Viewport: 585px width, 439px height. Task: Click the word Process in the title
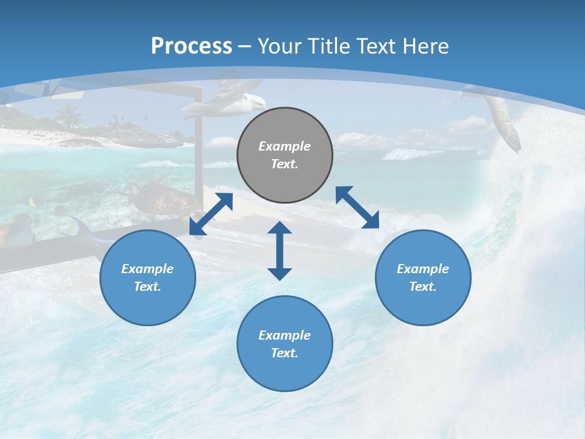click(x=191, y=46)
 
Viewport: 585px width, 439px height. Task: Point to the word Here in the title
click(x=425, y=46)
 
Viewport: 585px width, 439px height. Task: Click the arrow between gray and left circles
click(x=211, y=214)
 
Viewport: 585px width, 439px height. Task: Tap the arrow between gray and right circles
click(x=357, y=207)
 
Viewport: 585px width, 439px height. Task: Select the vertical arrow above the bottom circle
click(x=280, y=251)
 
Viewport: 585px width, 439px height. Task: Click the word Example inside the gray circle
click(x=285, y=146)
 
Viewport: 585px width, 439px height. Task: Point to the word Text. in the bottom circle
click(x=285, y=353)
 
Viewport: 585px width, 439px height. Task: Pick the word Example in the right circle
click(x=423, y=269)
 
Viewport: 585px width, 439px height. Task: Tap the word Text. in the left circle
click(x=147, y=287)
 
